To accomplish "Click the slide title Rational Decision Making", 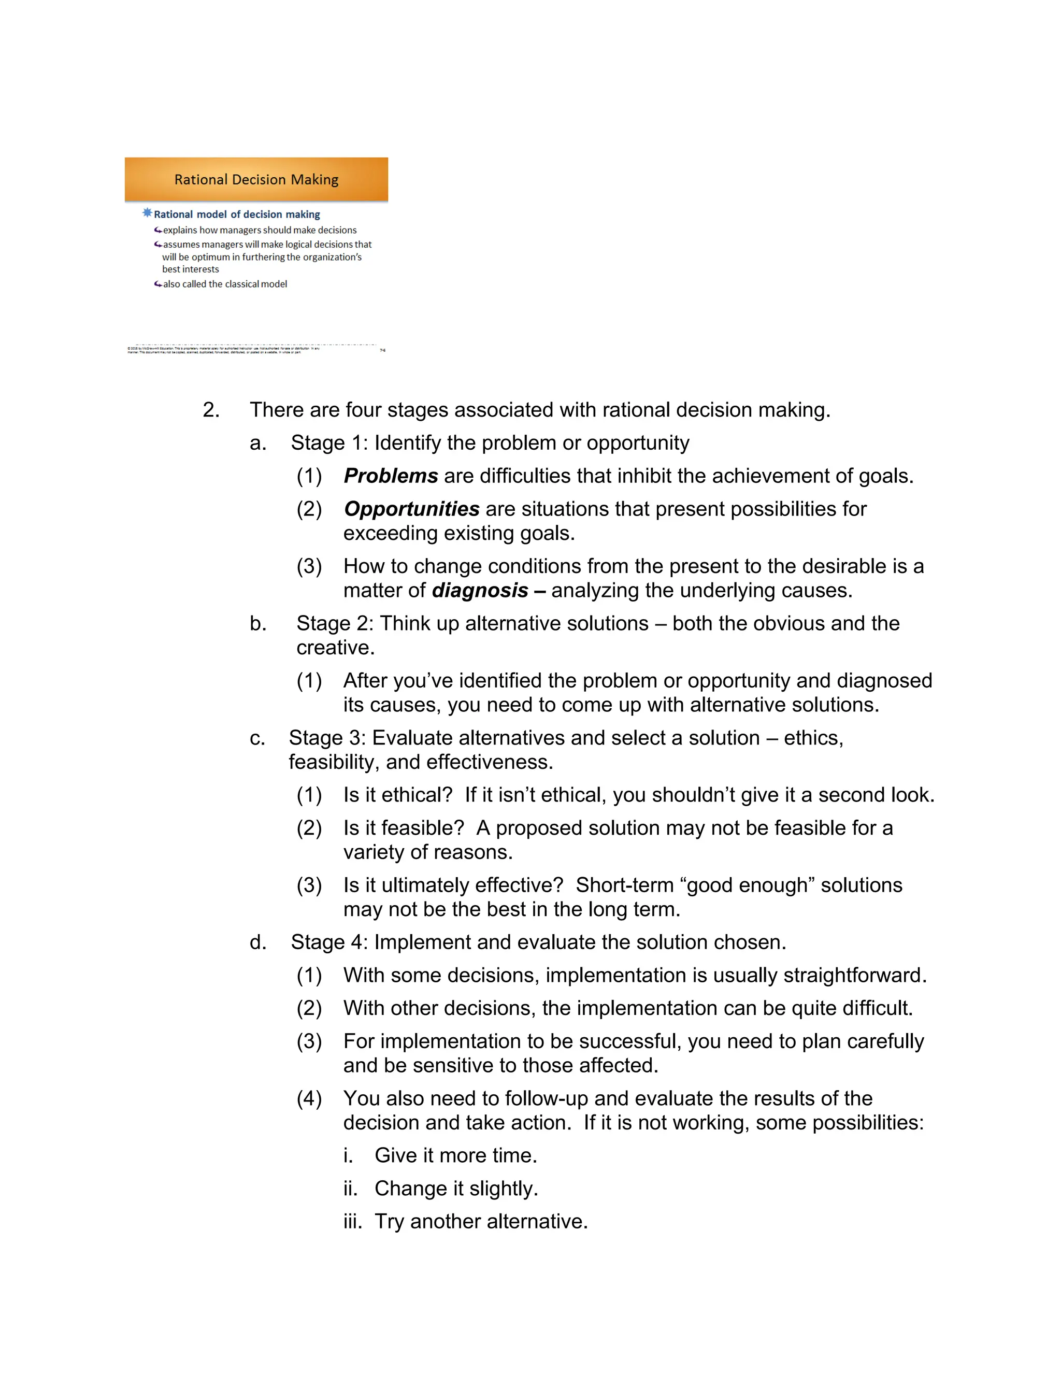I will [x=256, y=180].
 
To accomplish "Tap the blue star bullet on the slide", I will [x=147, y=213].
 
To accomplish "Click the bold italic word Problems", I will [x=390, y=476].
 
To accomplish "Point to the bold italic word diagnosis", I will [x=480, y=590].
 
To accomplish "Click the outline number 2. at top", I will [x=211, y=410].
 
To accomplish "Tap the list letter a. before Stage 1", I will [x=257, y=443].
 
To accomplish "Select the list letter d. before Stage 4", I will [x=257, y=942].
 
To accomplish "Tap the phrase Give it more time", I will [x=456, y=1155].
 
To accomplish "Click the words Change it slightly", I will [x=456, y=1189].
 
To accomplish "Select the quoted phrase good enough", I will [x=747, y=885].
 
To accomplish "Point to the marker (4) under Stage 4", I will [x=309, y=1098].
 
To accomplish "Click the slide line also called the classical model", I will [x=224, y=284].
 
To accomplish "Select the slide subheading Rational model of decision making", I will [x=236, y=214].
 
